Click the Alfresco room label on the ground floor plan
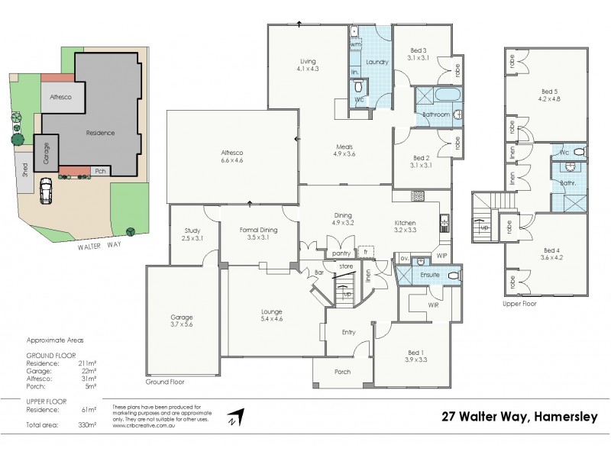pyautogui.click(x=231, y=153)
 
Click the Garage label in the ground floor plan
pyautogui.click(x=182, y=317)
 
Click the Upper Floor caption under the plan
pyautogui.click(x=520, y=303)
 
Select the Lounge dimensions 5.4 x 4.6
pyautogui.click(x=271, y=319)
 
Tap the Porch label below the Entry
pyautogui.click(x=343, y=372)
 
